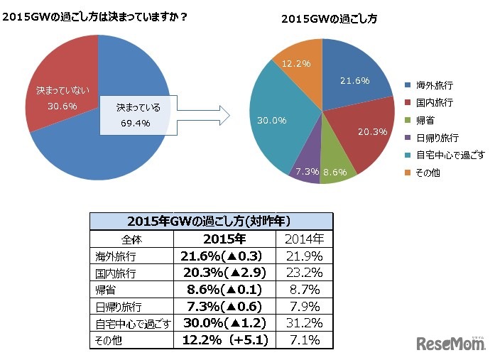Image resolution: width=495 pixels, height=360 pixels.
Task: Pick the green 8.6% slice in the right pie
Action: [x=335, y=168]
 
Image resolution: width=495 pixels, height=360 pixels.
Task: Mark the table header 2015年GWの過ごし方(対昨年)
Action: [x=210, y=221]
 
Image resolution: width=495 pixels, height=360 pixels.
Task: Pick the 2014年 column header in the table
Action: [x=303, y=239]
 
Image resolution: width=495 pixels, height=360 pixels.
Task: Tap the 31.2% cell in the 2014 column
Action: [x=303, y=324]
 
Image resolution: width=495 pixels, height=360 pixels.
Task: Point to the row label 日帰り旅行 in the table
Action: [x=119, y=307]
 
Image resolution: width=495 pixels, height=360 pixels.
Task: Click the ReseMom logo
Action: [x=450, y=344]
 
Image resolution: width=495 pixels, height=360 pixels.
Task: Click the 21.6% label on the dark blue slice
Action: [x=354, y=81]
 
